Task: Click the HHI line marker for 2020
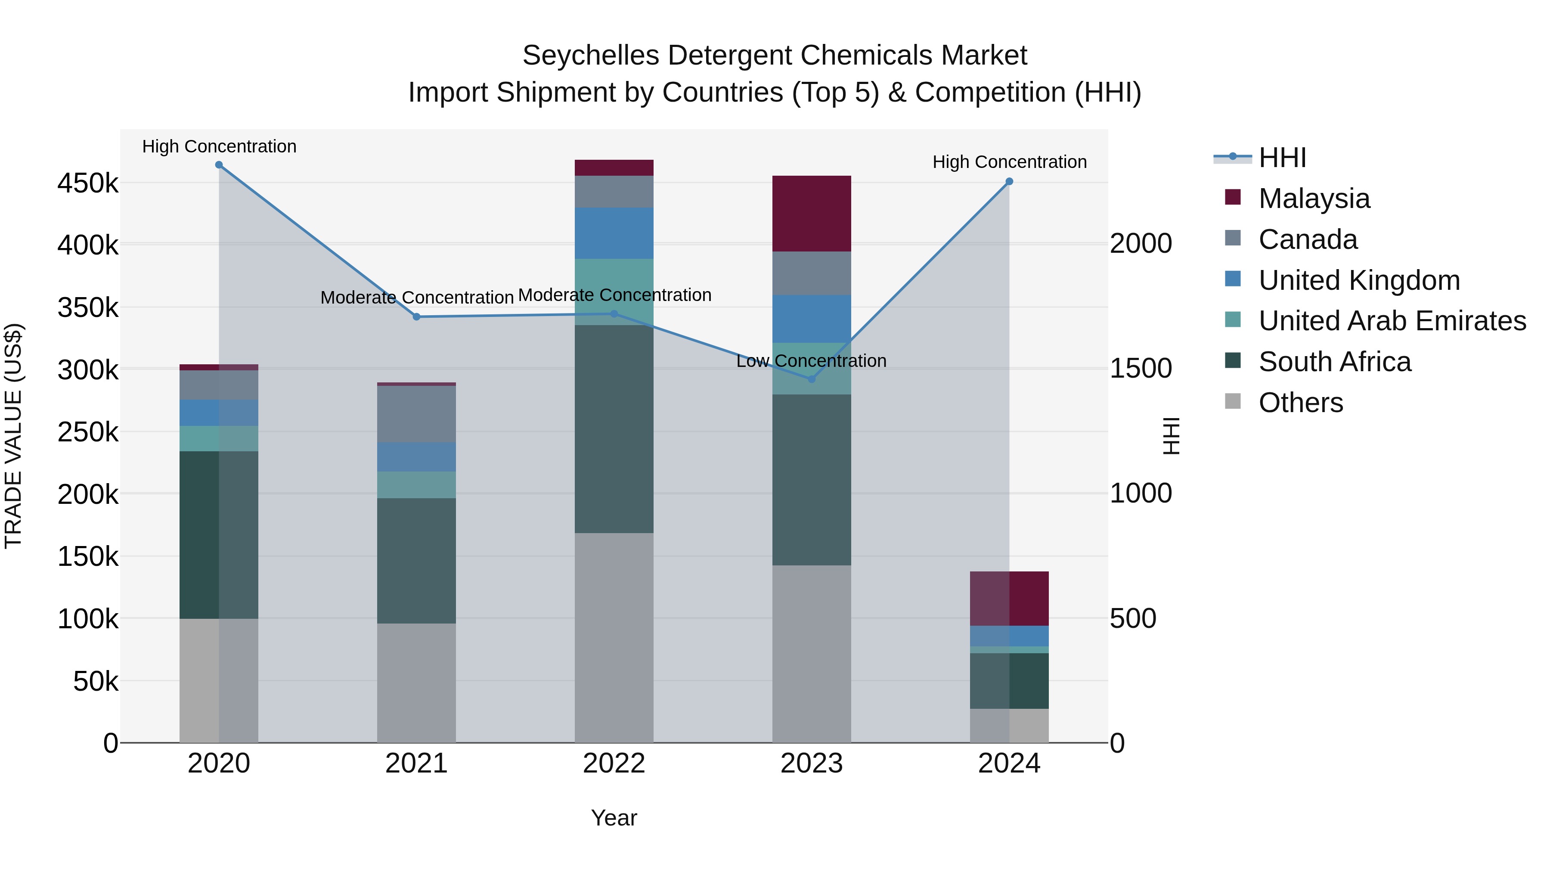(219, 165)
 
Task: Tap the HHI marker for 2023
(811, 379)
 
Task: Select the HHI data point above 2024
(1009, 181)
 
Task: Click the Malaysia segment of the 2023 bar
(811, 214)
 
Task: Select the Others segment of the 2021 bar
(416, 683)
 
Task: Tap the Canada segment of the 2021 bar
(416, 413)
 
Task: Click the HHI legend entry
(1282, 158)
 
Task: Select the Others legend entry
(1300, 403)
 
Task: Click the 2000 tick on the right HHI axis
(1141, 244)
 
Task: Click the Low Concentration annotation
(811, 361)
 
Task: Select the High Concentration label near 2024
(1009, 162)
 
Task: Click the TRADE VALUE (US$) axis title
(13, 436)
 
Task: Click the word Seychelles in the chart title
(590, 56)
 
